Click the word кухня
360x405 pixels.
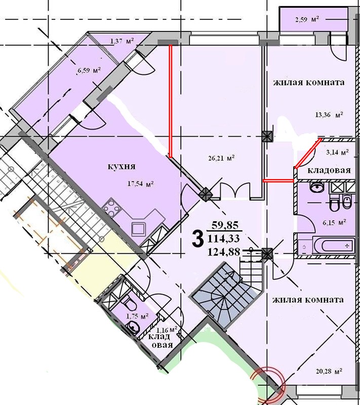(122, 167)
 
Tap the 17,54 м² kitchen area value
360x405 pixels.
(141, 184)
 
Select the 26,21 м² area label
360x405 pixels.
(221, 157)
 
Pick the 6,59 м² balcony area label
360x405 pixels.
(89, 70)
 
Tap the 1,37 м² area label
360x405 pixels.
(122, 40)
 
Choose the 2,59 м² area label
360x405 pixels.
(307, 19)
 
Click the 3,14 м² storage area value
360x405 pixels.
(338, 152)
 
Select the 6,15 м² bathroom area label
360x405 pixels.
(335, 222)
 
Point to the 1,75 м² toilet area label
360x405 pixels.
(137, 315)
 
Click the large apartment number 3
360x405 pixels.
(197, 239)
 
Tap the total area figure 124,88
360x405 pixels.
(224, 252)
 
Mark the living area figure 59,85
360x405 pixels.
(225, 225)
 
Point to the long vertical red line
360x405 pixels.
(170, 101)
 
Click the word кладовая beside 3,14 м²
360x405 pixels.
(329, 171)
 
